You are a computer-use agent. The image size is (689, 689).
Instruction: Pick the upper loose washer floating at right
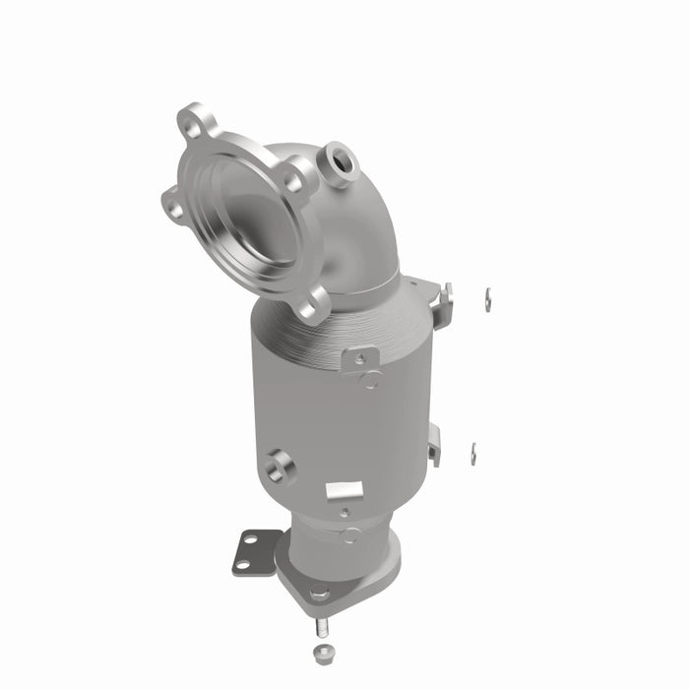point(487,298)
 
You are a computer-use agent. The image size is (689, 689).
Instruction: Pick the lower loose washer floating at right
point(473,453)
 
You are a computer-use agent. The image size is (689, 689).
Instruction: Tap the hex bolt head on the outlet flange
point(319,593)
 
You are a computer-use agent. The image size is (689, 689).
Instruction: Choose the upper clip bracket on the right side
point(443,300)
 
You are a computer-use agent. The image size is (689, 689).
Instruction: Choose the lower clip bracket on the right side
point(434,445)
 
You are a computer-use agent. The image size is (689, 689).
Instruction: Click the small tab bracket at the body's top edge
point(360,358)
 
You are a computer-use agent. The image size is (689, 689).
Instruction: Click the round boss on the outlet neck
point(350,535)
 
